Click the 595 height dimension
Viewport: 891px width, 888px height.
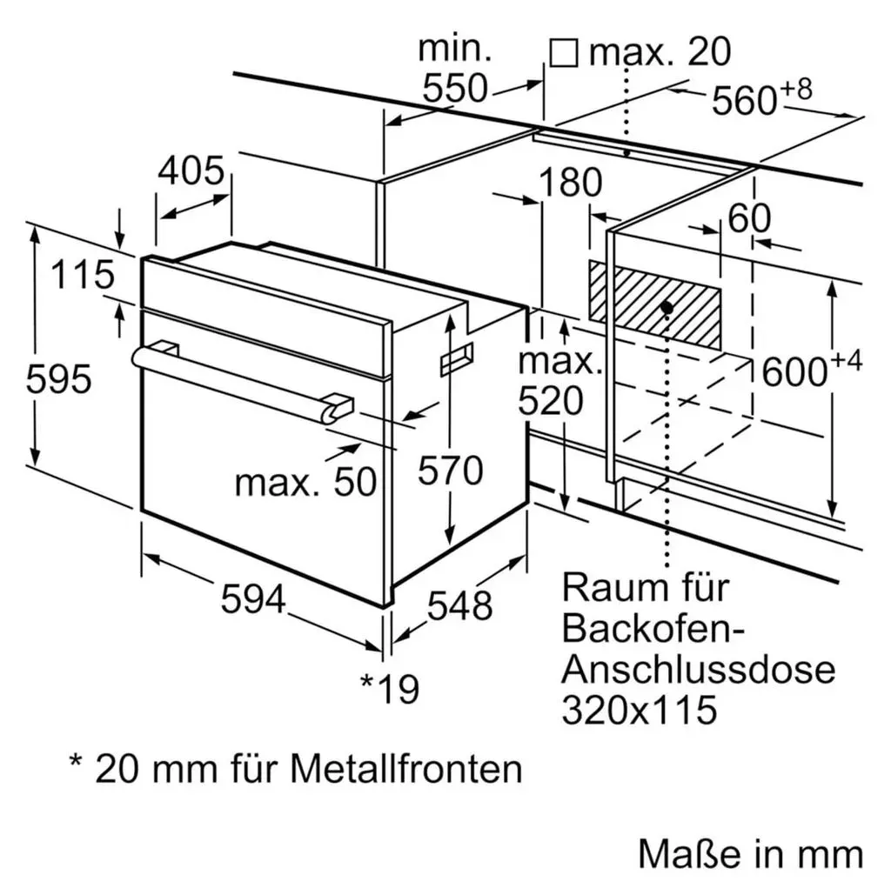click(58, 379)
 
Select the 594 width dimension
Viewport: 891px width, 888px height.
click(253, 599)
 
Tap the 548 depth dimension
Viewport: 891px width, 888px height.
click(459, 605)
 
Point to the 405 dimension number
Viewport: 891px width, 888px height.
click(191, 170)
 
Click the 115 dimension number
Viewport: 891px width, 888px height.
click(83, 275)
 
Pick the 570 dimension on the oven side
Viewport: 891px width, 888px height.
click(451, 471)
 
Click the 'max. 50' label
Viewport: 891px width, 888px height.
click(305, 483)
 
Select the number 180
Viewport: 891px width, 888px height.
click(570, 182)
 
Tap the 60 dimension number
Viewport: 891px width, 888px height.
click(749, 217)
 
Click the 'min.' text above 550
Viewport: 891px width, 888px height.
click(455, 50)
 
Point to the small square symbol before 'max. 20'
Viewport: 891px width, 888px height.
click(564, 53)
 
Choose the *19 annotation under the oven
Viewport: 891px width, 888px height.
click(391, 689)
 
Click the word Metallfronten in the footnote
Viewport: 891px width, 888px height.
click(406, 769)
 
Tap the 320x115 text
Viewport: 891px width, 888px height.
click(640, 710)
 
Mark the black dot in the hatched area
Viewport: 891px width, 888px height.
click(667, 307)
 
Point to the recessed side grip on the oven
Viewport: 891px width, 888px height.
click(457, 359)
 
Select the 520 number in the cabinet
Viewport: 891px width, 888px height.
click(551, 401)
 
